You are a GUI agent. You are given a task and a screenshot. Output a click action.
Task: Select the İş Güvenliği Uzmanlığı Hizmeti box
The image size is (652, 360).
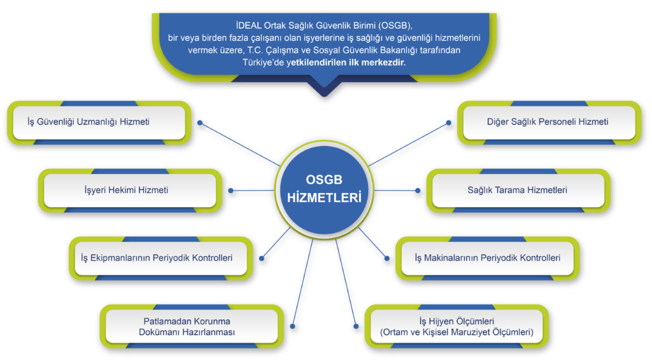[x=99, y=122]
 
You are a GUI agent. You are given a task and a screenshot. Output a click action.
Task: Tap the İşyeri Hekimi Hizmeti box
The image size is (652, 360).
[x=130, y=191]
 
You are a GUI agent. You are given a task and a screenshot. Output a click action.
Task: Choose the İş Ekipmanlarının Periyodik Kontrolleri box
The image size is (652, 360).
[x=160, y=258]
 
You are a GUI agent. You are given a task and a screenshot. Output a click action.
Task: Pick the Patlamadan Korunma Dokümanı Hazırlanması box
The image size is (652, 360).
[x=191, y=326]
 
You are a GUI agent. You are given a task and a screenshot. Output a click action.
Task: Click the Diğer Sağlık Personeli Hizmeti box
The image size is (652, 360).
[x=549, y=122]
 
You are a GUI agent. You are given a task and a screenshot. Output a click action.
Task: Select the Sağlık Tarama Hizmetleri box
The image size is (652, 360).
[x=518, y=191]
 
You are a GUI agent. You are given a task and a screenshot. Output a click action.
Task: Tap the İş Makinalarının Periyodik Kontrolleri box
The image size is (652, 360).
[x=487, y=258]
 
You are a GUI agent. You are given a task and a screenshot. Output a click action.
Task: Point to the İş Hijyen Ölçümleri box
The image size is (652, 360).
[x=457, y=326]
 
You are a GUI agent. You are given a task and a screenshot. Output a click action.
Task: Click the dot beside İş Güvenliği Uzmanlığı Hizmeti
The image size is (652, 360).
[x=200, y=123]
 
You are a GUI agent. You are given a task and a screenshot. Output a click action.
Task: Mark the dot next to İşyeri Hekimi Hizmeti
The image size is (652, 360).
[x=230, y=191]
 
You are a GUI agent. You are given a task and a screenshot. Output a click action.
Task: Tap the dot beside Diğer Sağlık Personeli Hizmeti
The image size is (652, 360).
[x=449, y=123]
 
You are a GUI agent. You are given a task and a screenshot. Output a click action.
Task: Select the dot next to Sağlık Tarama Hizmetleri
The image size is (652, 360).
[x=418, y=191]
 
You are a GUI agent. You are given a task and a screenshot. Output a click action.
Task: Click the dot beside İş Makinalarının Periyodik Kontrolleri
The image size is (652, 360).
[x=387, y=259]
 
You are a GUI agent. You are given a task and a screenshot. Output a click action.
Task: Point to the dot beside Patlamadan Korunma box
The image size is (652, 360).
[x=293, y=326]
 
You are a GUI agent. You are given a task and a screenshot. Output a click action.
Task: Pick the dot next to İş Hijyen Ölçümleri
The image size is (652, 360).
[x=356, y=326]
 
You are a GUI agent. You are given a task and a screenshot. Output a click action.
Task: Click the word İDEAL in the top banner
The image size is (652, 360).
[x=249, y=25]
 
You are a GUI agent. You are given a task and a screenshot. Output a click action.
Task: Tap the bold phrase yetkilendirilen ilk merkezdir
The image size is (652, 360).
[x=346, y=62]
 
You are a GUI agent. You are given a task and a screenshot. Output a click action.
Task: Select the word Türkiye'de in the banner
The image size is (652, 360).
[x=263, y=62]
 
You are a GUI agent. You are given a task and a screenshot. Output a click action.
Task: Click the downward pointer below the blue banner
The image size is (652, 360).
[x=324, y=88]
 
